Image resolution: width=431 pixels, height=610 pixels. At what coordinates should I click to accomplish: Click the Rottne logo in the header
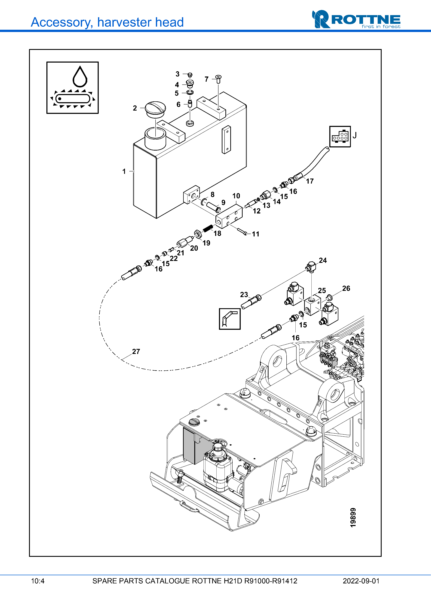356,19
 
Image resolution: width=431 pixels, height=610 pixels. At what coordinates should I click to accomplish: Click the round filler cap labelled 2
155,108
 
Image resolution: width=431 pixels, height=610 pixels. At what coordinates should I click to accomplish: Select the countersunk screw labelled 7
218,79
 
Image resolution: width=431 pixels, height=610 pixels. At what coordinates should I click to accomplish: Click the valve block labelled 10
229,217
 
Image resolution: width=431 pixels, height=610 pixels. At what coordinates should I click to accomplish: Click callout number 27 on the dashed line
136,352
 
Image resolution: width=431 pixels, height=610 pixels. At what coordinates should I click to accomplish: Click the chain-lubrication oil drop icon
72,88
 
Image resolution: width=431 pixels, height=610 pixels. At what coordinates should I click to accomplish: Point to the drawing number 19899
353,518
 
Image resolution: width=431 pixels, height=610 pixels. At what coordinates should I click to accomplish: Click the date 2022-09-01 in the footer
361,581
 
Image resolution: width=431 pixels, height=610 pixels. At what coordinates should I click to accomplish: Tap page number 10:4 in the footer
38,581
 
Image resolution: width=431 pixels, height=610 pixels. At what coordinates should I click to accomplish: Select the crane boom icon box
230,319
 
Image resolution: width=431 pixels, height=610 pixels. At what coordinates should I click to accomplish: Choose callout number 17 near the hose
310,181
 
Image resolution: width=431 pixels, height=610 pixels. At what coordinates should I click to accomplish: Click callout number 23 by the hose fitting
244,295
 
